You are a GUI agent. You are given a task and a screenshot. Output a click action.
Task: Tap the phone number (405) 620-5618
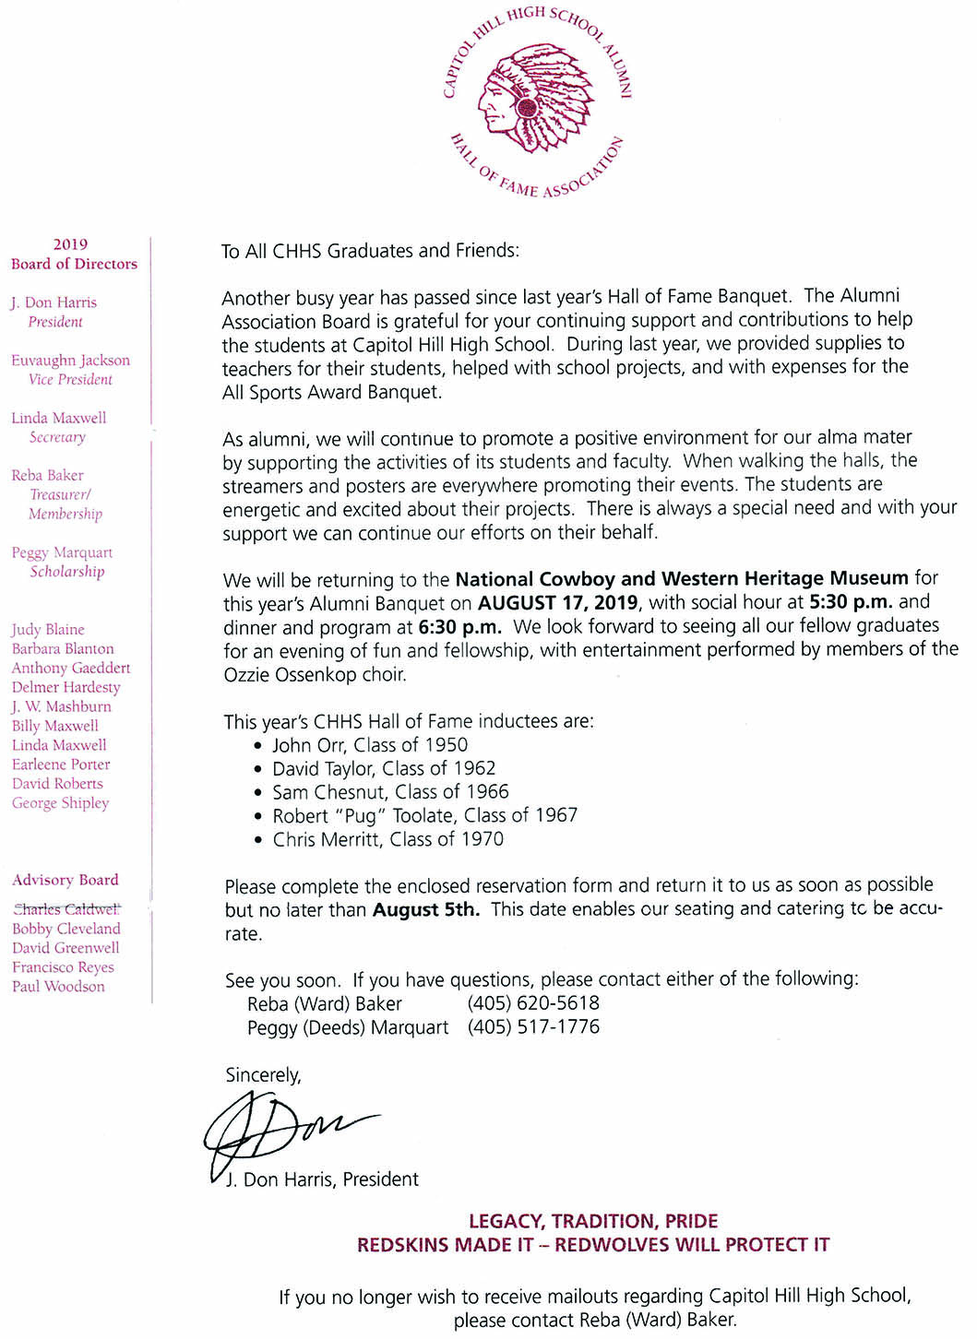[533, 1003]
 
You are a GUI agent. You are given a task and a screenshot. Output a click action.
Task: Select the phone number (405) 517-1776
[533, 1027]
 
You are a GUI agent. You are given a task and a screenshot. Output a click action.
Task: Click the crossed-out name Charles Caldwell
[66, 909]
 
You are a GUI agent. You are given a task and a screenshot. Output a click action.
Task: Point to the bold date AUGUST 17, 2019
[557, 602]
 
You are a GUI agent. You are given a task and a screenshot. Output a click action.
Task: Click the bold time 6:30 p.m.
[460, 626]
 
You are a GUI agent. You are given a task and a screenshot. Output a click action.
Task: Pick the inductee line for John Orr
[370, 745]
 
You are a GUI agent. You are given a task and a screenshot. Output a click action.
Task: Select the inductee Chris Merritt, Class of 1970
[387, 839]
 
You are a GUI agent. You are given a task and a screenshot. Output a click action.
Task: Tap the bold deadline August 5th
[426, 910]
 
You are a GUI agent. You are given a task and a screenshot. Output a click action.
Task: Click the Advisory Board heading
[66, 880]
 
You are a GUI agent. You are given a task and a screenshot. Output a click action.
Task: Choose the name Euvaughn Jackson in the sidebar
[70, 361]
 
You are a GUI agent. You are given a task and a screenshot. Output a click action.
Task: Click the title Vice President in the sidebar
[70, 380]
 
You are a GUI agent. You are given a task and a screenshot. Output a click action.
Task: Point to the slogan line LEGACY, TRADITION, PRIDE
[593, 1222]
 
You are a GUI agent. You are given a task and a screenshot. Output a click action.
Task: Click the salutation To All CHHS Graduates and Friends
[370, 251]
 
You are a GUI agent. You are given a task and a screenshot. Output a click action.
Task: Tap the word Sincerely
[263, 1075]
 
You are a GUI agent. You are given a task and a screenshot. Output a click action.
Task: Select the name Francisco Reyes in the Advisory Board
[63, 967]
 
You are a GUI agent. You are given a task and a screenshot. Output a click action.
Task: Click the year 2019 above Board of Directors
[70, 244]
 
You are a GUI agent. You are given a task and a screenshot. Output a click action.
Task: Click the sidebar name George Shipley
[61, 803]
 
